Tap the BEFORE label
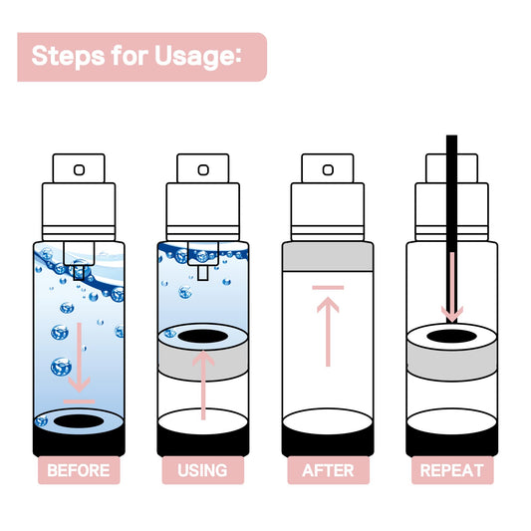click(x=79, y=470)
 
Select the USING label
click(x=202, y=470)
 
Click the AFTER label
click(x=328, y=470)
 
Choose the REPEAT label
click(x=452, y=470)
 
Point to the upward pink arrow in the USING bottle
click(x=203, y=384)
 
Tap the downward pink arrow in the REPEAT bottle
click(x=452, y=289)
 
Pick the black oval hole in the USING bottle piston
click(x=203, y=338)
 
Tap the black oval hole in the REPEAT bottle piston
click(x=452, y=338)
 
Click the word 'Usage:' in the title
click(x=197, y=57)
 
